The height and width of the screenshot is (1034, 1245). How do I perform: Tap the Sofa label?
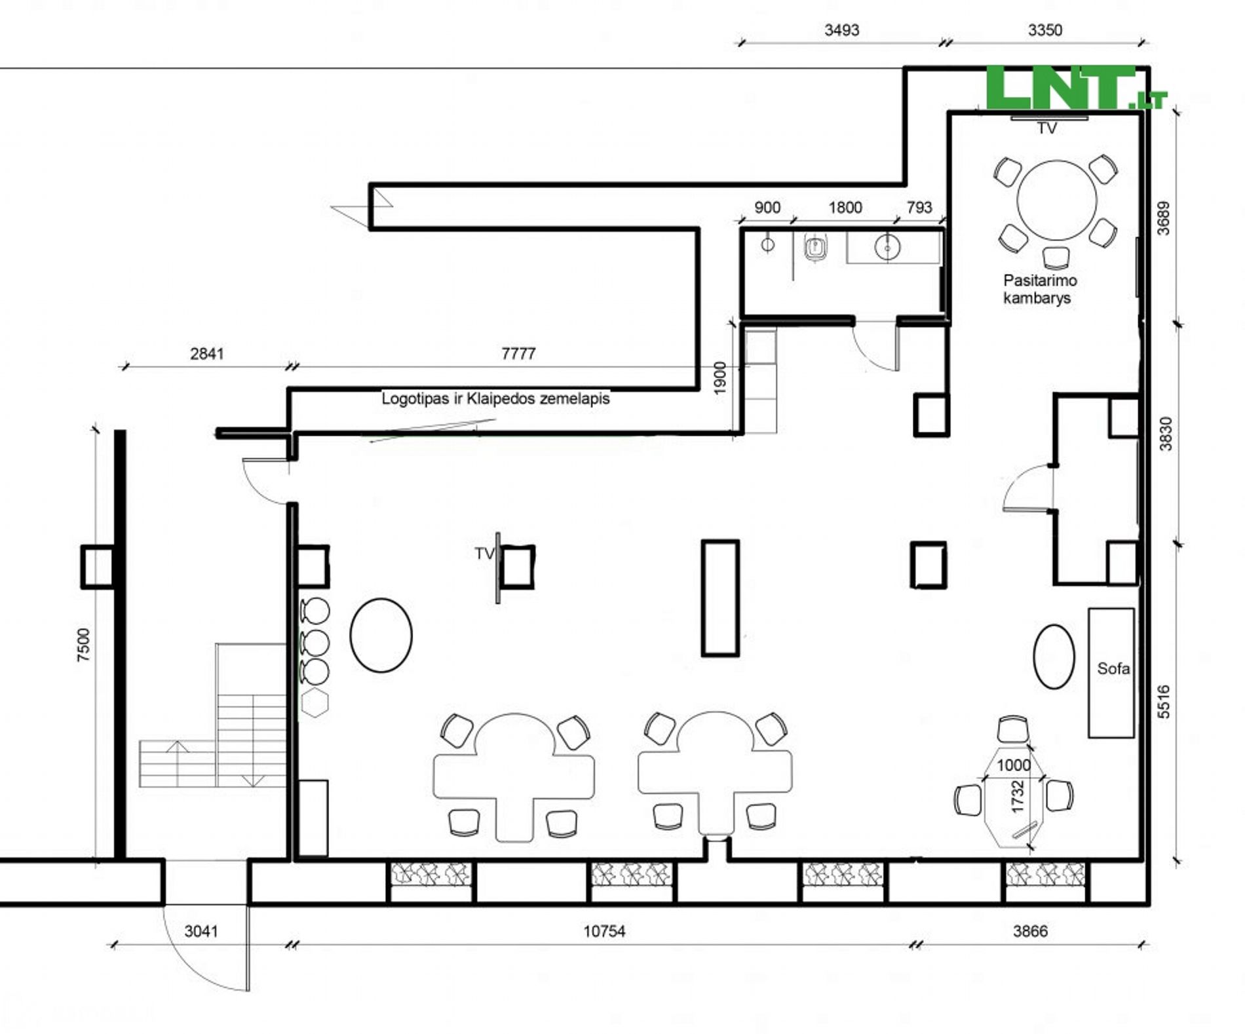1113,668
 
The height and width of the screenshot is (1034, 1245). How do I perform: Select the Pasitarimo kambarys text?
1040,289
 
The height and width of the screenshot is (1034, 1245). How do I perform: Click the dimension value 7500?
83,645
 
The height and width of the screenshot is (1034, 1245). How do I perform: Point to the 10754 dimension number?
604,930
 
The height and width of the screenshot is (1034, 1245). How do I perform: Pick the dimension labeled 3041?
201,930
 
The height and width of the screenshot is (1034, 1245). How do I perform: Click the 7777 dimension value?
518,353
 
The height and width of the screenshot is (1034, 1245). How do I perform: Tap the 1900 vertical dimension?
719,378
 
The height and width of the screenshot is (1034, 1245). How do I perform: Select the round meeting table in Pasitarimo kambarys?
1056,201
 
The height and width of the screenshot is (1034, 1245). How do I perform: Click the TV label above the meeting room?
1046,128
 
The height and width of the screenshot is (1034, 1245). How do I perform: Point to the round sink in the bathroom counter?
887,247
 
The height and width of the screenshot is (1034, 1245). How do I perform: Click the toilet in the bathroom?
814,248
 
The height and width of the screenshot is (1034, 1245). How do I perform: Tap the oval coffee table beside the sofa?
1054,656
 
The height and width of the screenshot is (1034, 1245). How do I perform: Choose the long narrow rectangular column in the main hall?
720,598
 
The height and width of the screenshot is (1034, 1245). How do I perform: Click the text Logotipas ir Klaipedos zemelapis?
495,398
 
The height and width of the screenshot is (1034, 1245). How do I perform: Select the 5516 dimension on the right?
1164,702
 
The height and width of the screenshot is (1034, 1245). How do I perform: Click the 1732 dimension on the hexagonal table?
1017,796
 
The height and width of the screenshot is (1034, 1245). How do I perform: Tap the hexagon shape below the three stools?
315,702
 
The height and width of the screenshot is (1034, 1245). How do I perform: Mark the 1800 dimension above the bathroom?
845,208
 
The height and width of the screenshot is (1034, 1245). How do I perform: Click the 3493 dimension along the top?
841,30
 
